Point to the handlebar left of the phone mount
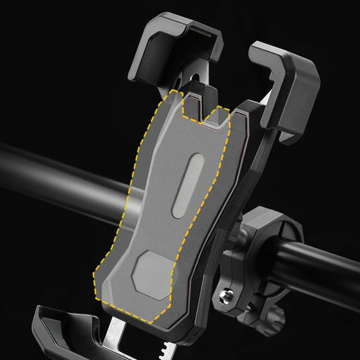pos(57,176)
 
